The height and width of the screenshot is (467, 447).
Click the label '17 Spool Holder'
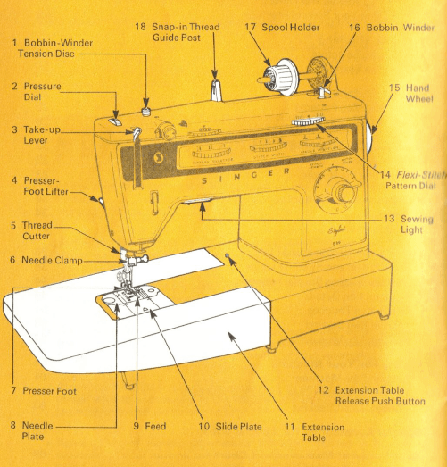click(x=282, y=28)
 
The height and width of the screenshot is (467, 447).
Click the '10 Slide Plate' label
click(x=217, y=427)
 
